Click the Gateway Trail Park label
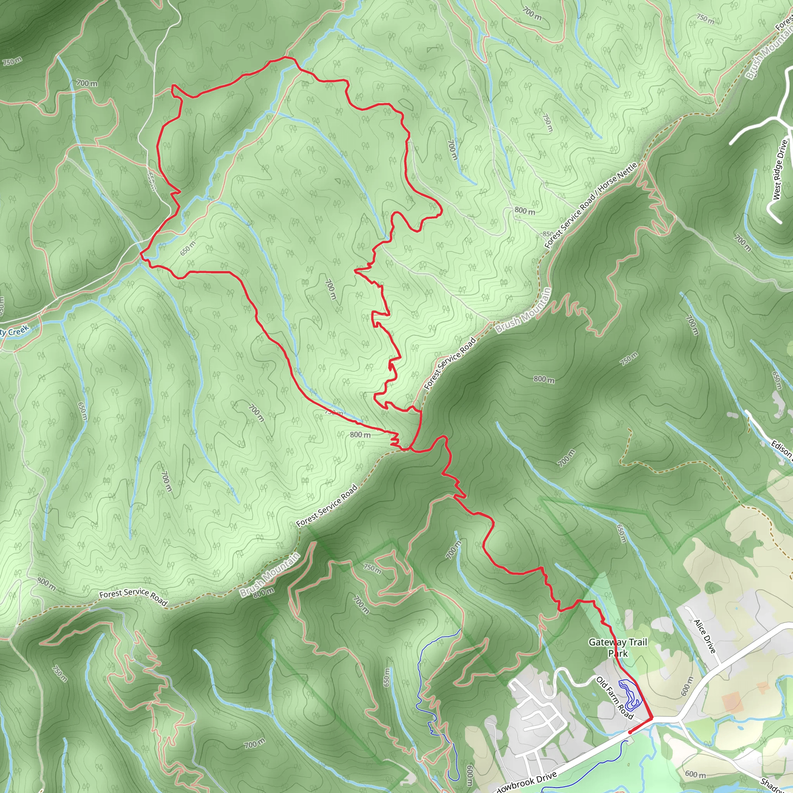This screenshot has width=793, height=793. tap(618, 647)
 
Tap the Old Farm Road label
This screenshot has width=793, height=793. tap(614, 698)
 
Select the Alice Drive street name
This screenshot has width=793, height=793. tap(705, 636)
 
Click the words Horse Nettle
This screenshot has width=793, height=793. tap(617, 177)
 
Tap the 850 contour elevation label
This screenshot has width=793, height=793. tap(548, 234)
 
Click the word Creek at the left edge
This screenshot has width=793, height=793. tap(19, 330)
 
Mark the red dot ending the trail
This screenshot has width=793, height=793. tap(630, 732)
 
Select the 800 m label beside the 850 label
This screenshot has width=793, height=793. tap(525, 211)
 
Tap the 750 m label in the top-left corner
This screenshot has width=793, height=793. tap(12, 62)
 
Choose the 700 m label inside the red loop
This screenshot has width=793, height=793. tap(330, 289)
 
